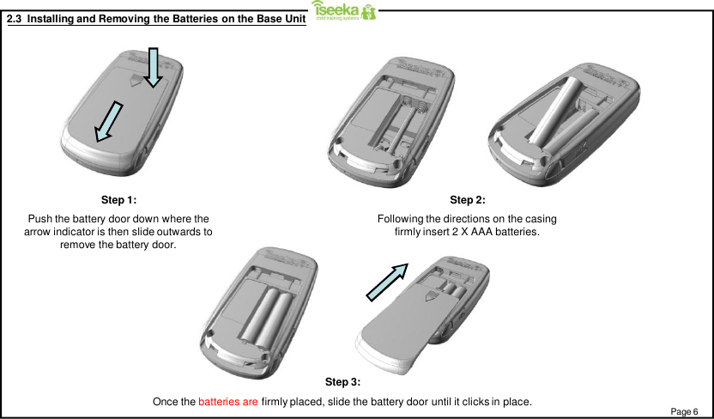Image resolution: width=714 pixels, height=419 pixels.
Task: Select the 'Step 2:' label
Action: point(468,200)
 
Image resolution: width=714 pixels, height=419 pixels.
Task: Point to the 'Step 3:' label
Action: point(342,381)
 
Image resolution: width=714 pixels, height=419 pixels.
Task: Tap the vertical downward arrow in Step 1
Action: point(154,67)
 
